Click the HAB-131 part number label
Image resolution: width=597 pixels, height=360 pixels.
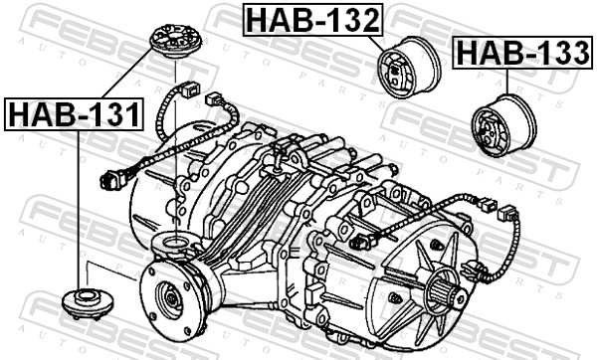click(74, 114)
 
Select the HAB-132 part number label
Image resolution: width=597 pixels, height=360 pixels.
click(310, 19)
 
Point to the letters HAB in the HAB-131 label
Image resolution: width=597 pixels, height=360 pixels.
click(45, 114)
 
